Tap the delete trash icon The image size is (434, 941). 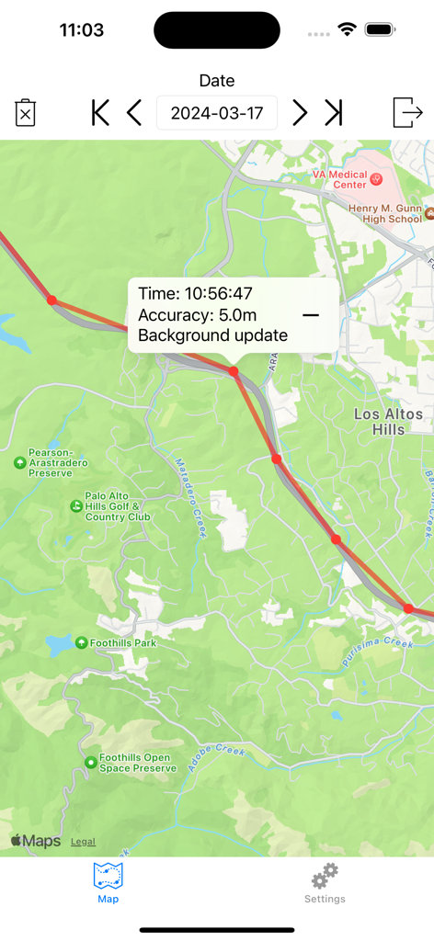click(26, 113)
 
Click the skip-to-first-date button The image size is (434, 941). click(100, 113)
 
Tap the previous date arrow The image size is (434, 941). click(135, 113)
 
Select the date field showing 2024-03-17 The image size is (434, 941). click(217, 113)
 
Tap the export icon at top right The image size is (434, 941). click(406, 112)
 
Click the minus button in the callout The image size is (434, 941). click(311, 315)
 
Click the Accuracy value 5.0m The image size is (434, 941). click(237, 315)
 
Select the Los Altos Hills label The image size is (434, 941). click(388, 422)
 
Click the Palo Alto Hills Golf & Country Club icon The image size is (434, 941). click(76, 505)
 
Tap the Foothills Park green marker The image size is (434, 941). click(82, 642)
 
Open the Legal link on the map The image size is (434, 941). click(83, 842)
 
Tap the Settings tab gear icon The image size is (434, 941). click(325, 876)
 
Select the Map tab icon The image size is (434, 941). click(108, 876)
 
